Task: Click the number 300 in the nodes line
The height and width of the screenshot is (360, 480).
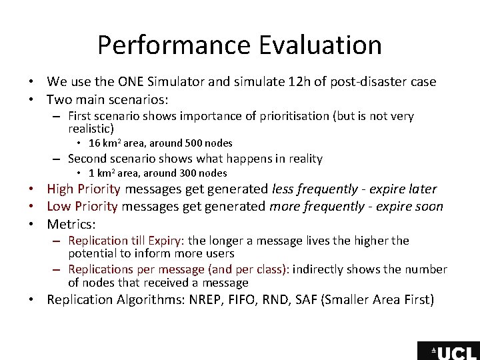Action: (x=189, y=173)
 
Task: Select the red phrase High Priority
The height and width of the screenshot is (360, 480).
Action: (x=83, y=189)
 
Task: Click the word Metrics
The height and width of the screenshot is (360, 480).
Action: (x=71, y=224)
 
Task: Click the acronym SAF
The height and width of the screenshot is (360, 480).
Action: (x=330, y=299)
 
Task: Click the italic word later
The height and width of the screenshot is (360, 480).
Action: (x=422, y=189)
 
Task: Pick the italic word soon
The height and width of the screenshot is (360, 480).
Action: (x=428, y=207)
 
